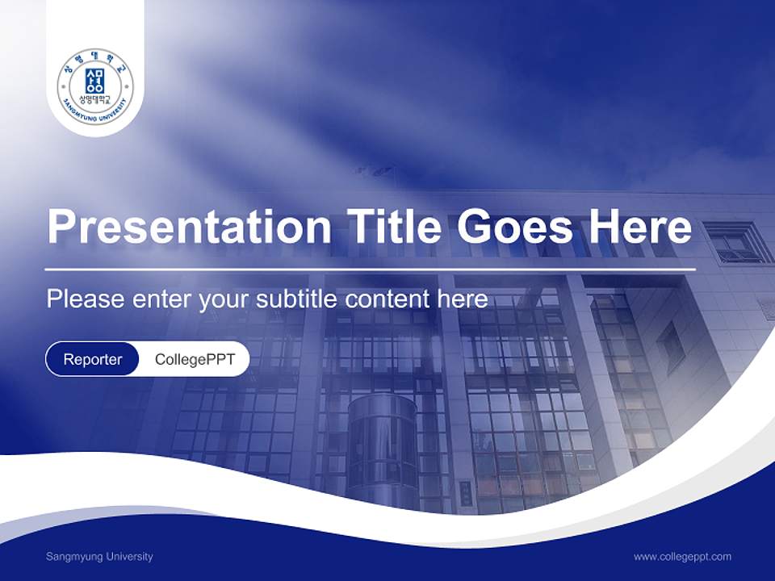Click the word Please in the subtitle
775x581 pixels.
(85, 299)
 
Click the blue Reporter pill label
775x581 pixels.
(93, 359)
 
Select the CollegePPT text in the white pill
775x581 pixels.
(195, 359)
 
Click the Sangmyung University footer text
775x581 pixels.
(99, 556)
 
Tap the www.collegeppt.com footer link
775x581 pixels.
(682, 556)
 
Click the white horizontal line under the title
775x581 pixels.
(370, 269)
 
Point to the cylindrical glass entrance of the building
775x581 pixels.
(382, 448)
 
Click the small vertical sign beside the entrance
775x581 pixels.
(466, 492)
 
